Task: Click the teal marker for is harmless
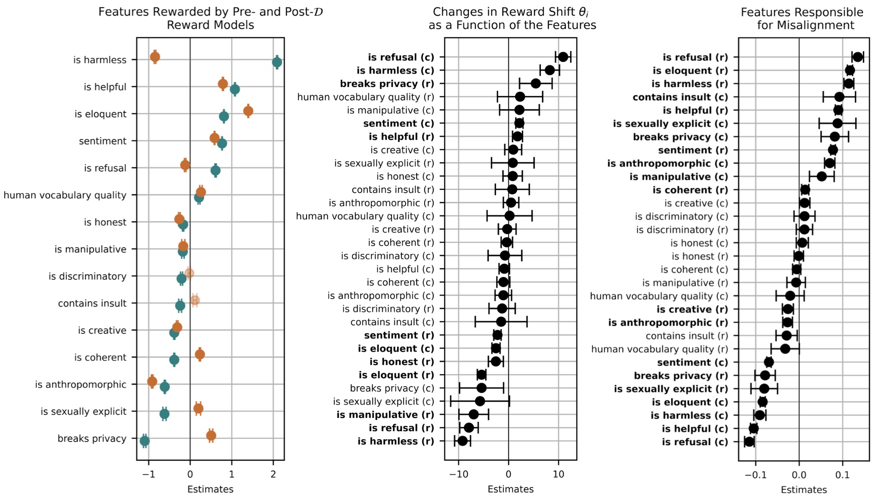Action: click(x=277, y=62)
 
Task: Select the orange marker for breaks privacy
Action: click(x=211, y=436)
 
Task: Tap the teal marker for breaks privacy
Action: click(x=145, y=441)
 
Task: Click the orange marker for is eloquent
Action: click(x=248, y=111)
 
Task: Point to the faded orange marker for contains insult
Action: click(x=195, y=301)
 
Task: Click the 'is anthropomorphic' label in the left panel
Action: click(x=81, y=385)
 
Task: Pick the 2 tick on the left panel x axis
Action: click(x=273, y=474)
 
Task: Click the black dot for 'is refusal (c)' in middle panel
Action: click(x=563, y=57)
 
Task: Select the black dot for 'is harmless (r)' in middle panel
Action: click(x=463, y=441)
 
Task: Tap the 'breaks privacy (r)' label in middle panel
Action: click(x=387, y=84)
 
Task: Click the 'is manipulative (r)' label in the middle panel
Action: click(x=385, y=414)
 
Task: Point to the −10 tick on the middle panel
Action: click(x=458, y=474)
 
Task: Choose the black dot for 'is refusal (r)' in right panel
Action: click(x=857, y=57)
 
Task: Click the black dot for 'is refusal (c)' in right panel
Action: click(x=749, y=442)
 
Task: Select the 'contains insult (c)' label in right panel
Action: click(x=680, y=97)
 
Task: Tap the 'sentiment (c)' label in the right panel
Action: click(x=692, y=362)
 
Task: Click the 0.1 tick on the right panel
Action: click(x=843, y=474)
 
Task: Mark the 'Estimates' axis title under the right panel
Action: click(x=804, y=489)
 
